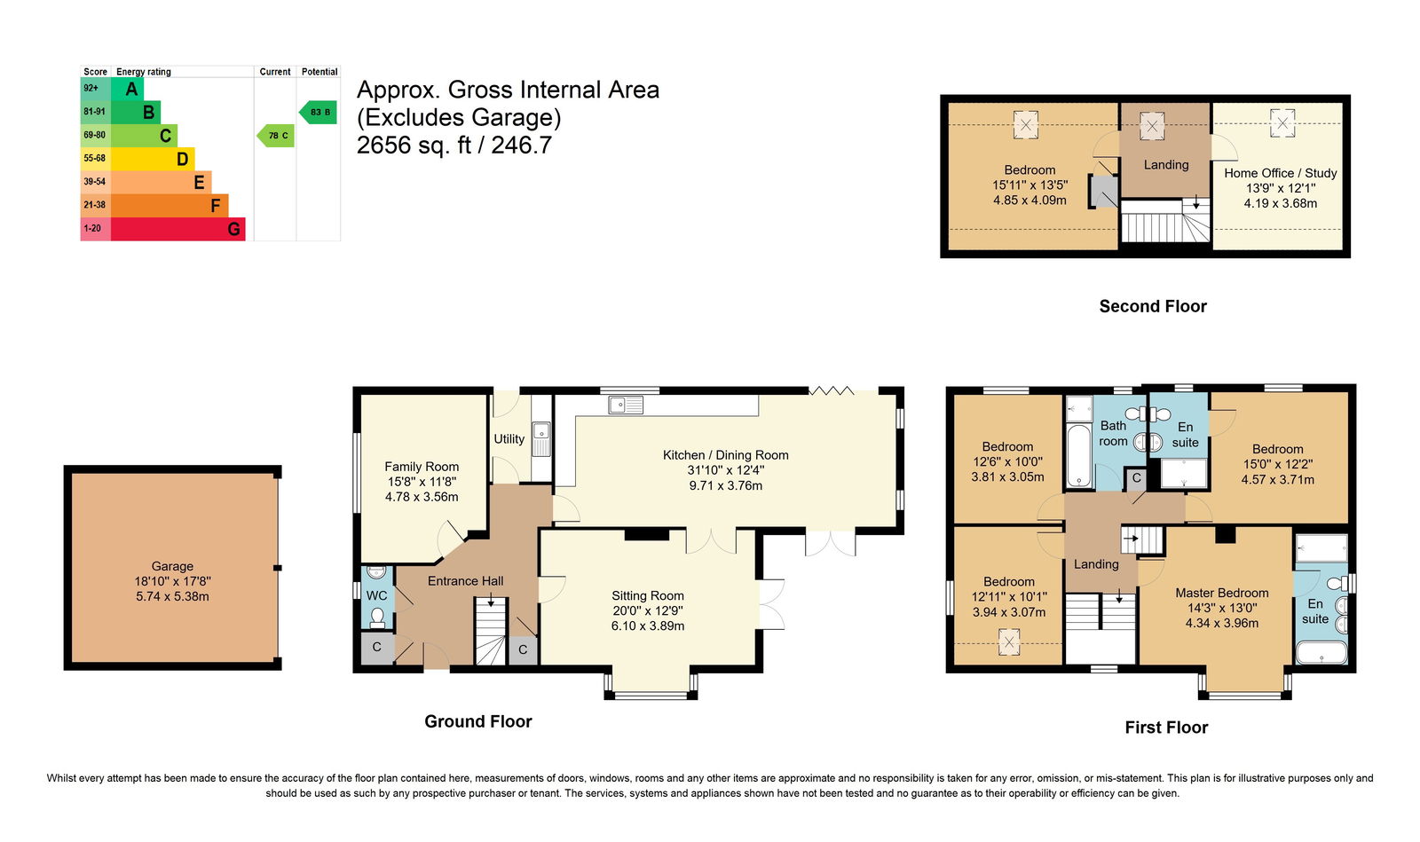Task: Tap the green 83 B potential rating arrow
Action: [318, 112]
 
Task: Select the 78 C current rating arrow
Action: [276, 136]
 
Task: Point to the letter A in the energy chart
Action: [131, 89]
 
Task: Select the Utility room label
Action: [509, 438]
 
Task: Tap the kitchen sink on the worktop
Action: [626, 405]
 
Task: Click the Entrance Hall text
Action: [465, 581]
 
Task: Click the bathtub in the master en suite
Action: [1321, 652]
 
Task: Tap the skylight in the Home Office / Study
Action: [1282, 123]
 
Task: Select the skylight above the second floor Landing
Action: [1152, 125]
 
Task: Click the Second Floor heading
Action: [1153, 307]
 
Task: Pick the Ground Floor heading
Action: [478, 721]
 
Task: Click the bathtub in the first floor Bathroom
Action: [1077, 455]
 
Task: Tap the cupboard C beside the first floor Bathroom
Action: [1136, 478]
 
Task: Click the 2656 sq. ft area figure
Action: [413, 146]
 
